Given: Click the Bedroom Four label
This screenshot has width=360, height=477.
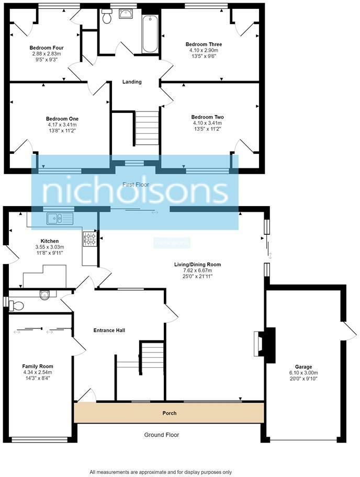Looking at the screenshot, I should (46, 48).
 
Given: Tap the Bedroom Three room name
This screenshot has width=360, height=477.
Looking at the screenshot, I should (204, 44).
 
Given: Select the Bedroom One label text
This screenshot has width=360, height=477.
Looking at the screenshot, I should (62, 119).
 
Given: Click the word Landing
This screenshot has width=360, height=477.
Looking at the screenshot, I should (132, 82).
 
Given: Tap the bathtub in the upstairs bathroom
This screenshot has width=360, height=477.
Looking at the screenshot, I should (150, 34).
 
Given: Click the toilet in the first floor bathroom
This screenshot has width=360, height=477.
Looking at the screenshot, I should (107, 17).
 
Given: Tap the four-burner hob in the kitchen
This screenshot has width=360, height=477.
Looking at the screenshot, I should (89, 239).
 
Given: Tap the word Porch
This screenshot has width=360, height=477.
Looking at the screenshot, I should (169, 413).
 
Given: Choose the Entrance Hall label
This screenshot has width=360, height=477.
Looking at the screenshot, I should (109, 330).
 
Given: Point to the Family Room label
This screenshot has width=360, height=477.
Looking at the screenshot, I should (38, 366).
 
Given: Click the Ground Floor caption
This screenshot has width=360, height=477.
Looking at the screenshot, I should (162, 435).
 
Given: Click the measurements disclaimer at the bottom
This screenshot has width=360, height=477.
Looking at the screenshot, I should (161, 472).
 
